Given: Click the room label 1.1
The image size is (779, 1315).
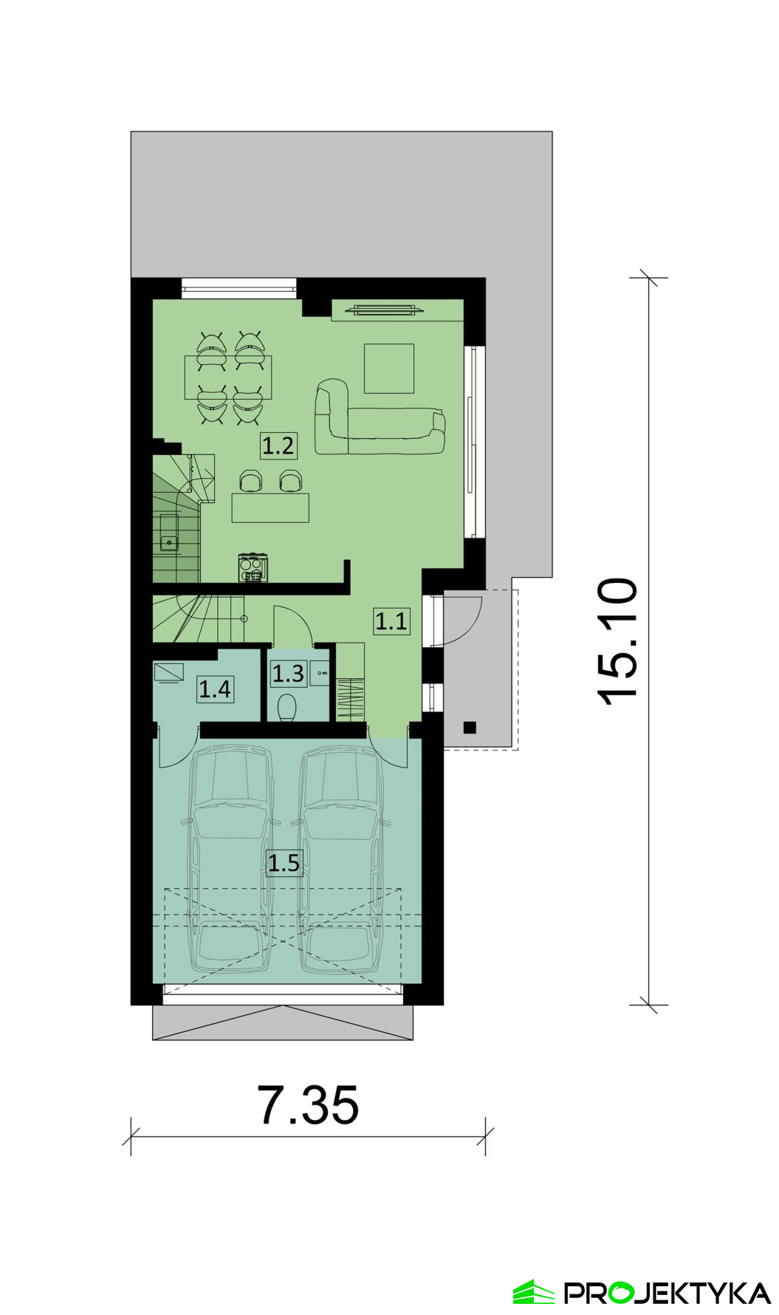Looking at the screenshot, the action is (391, 621).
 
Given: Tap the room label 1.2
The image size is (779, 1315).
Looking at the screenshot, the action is (278, 445).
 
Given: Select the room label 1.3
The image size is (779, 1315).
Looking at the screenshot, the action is (288, 673).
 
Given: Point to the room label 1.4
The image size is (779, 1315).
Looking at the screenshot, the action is (215, 689).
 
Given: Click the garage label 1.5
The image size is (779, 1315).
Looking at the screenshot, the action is (284, 862).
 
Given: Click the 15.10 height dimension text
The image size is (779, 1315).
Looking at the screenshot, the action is (617, 641).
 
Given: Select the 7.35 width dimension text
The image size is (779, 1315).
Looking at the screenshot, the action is (308, 1105).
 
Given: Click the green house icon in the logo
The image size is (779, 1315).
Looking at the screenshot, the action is (534, 1292).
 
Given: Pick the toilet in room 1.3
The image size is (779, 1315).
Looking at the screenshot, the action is (286, 707).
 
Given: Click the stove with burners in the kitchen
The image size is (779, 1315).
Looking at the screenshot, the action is (253, 567).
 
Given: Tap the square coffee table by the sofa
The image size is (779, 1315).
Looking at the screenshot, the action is (389, 368).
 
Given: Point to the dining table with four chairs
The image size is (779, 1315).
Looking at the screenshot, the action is (228, 378).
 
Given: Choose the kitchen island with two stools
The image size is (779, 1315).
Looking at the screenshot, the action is (270, 498).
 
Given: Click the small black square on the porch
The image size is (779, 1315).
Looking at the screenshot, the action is (470, 728).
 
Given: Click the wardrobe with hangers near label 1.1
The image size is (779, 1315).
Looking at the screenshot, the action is (351, 683).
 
